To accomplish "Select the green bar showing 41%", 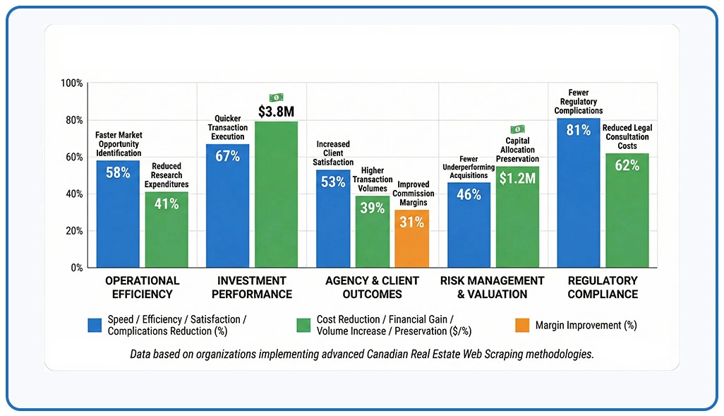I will pos(167,230).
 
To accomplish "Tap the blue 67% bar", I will pos(227,206).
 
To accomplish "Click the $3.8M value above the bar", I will pos(276,112).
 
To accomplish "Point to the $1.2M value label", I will pos(517,179).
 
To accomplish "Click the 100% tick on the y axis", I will pos(72,83).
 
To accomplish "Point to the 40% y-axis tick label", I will pos(73,194).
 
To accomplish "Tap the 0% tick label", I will pos(76,268).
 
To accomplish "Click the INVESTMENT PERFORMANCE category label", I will pos(251,287).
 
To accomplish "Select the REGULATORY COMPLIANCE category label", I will pos(602,287).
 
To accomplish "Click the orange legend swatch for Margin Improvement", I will pos(521,325).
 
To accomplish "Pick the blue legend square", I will pos(95,325).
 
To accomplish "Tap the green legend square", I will pos(303,325).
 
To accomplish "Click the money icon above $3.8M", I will pos(276,97).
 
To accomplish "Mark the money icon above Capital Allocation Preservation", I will pos(517,129).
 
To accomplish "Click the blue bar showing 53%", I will pos(333,218).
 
